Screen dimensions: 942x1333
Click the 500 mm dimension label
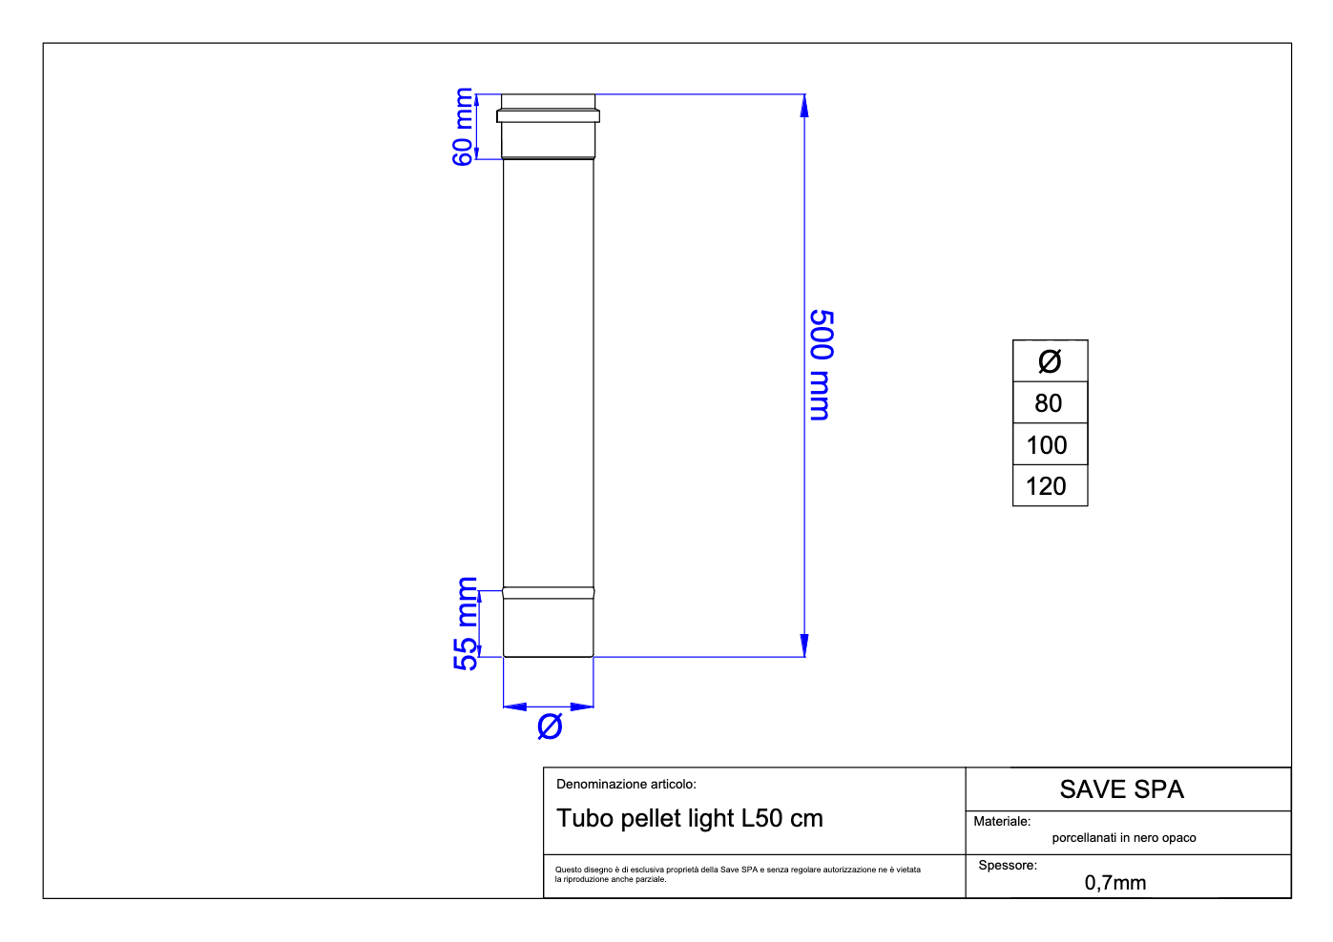click(x=821, y=364)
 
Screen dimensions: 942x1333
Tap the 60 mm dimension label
click(x=463, y=126)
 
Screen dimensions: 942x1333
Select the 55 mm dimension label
click(x=467, y=624)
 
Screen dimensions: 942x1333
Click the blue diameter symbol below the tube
click(x=550, y=727)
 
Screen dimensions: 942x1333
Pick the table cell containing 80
click(x=1049, y=403)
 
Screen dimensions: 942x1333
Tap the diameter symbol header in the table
click(x=1049, y=361)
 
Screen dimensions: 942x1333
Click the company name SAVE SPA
click(x=1121, y=789)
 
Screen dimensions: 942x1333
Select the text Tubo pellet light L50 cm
click(x=690, y=818)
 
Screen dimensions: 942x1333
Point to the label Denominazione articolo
click(x=626, y=785)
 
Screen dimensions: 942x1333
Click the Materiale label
click(x=1002, y=821)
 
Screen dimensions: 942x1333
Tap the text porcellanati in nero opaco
click(x=1124, y=838)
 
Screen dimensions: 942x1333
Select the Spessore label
click(x=1008, y=866)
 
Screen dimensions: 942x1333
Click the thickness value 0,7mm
click(x=1115, y=883)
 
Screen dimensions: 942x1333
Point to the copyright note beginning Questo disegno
click(x=738, y=873)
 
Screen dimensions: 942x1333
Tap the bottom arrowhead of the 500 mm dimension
click(x=804, y=645)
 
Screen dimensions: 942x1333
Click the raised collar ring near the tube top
click(x=549, y=116)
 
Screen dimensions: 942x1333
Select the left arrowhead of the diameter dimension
click(x=515, y=707)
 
